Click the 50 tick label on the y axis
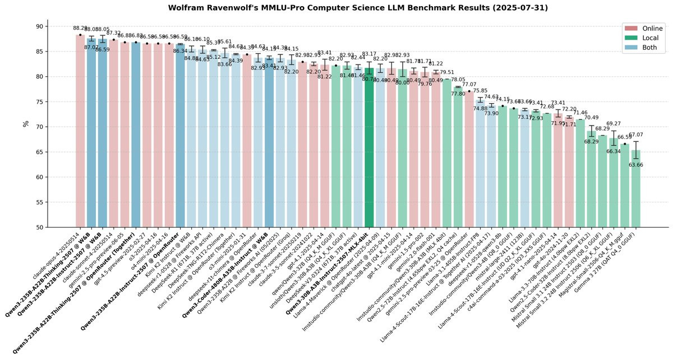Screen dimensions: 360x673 point(39,227)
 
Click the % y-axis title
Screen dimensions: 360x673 point(25,123)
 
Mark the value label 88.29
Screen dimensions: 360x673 point(80,28)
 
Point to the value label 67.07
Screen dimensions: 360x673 point(636,135)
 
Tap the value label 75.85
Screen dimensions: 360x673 point(480,90)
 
